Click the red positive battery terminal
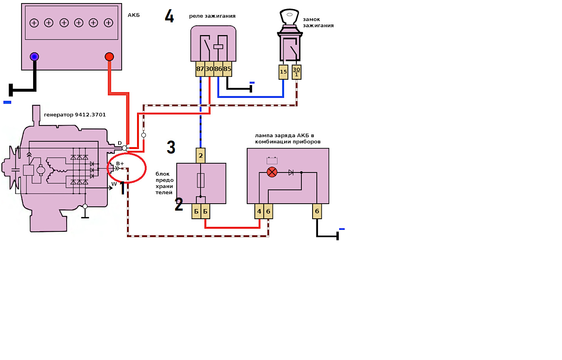click(x=109, y=57)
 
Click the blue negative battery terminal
click(x=34, y=57)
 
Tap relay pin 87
click(x=200, y=69)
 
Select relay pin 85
click(x=227, y=69)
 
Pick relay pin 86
click(x=218, y=69)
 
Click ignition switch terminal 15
click(x=283, y=72)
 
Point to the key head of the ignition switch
click(x=289, y=17)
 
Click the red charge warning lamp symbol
click(x=272, y=172)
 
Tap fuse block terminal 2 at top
click(x=201, y=156)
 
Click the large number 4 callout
click(x=169, y=16)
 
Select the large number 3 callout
click(x=171, y=147)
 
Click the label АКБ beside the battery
click(x=134, y=15)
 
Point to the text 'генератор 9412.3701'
click(x=75, y=115)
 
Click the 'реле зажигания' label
click(x=212, y=16)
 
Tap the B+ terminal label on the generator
click(x=120, y=164)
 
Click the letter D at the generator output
click(x=120, y=143)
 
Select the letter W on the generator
click(x=114, y=184)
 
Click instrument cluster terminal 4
click(x=259, y=211)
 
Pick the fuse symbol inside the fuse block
click(x=201, y=180)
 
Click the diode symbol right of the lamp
click(x=291, y=172)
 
